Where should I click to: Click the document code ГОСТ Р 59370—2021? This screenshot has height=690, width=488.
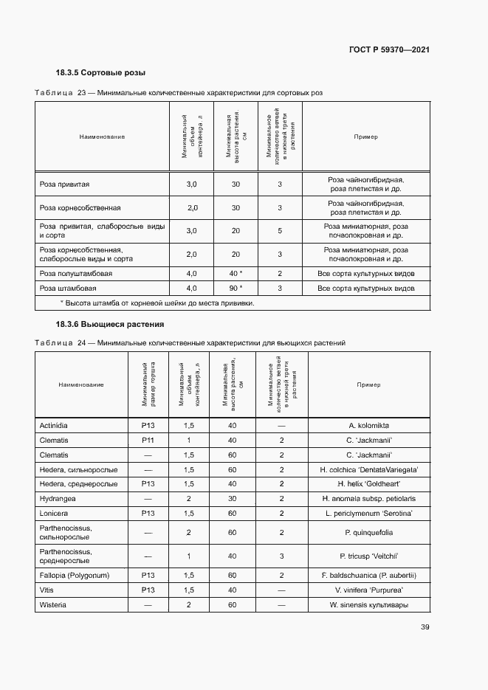389,49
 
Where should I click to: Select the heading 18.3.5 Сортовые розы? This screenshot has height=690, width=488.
100,73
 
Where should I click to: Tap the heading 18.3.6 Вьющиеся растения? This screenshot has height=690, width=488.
110,324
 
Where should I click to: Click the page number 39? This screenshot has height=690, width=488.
425,627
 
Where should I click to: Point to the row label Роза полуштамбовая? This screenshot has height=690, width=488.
76,273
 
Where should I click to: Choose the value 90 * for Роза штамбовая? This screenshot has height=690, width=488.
236,288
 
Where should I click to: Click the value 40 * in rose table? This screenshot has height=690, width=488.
236,273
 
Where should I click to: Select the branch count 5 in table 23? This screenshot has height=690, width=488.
280,231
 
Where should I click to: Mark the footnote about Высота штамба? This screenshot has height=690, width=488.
157,303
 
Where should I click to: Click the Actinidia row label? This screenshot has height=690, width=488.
57,426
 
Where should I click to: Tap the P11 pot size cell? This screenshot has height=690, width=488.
148,440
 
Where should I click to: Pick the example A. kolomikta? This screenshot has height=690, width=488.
368,426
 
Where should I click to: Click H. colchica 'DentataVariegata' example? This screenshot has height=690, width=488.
368,469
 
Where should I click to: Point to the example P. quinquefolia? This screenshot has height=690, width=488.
368,533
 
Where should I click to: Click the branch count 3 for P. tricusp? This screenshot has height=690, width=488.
281,556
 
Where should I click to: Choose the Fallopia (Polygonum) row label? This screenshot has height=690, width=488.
75,576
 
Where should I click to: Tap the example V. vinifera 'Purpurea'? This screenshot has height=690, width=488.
368,590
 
